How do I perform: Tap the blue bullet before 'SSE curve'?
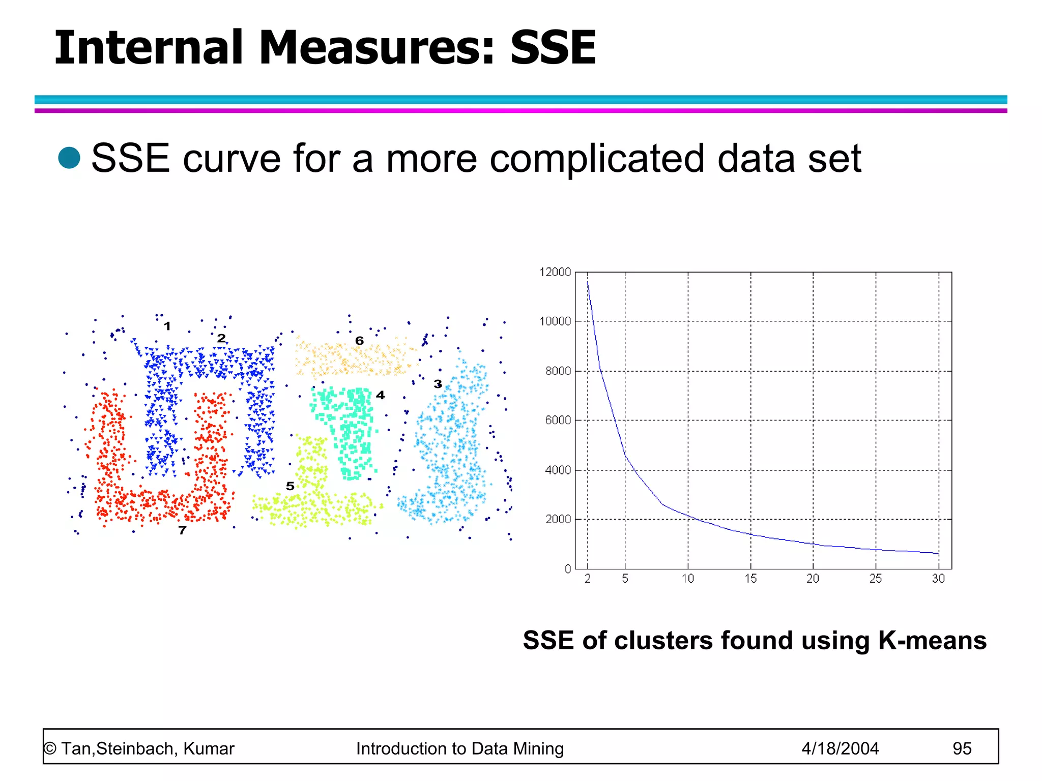pyautogui.click(x=69, y=158)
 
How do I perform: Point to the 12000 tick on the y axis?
pyautogui.click(x=555, y=273)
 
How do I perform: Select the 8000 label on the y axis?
pyautogui.click(x=558, y=371)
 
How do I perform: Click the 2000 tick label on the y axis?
pyautogui.click(x=558, y=520)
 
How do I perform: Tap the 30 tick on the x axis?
pyautogui.click(x=938, y=579)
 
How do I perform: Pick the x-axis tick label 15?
pyautogui.click(x=750, y=579)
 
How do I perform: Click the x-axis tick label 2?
pyautogui.click(x=588, y=579)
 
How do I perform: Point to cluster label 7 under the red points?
pyautogui.click(x=182, y=531)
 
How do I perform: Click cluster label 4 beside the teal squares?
pyautogui.click(x=380, y=395)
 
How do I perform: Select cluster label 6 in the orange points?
pyautogui.click(x=359, y=341)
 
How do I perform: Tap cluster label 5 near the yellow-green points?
pyautogui.click(x=290, y=486)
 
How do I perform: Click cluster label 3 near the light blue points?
pyautogui.click(x=438, y=384)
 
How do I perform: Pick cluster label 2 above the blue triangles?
pyautogui.click(x=221, y=338)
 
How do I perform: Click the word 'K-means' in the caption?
pyautogui.click(x=932, y=640)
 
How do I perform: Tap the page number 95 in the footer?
pyautogui.click(x=962, y=748)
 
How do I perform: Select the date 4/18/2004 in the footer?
pyautogui.click(x=840, y=748)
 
